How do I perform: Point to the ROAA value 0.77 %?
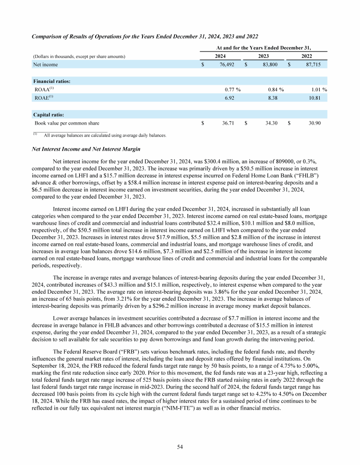pyautogui.click(x=232, y=89)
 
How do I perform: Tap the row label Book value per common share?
pyautogui.click(x=67, y=124)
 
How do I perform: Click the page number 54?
pyautogui.click(x=180, y=447)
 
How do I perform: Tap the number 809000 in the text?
pyautogui.click(x=259, y=162)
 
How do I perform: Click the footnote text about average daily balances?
pyautogui.click(x=105, y=135)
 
